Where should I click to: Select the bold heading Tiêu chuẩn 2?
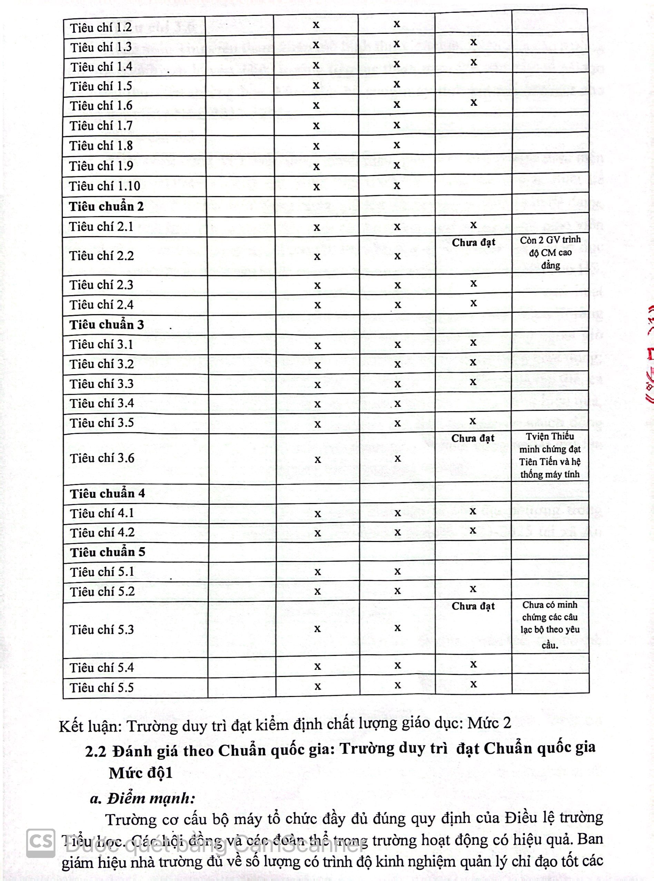(x=106, y=206)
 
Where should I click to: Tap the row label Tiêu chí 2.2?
(x=102, y=256)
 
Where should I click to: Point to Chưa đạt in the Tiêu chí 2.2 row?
(x=474, y=242)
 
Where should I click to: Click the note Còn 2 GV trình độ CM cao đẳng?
(x=550, y=252)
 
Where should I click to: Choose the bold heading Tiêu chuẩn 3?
(x=107, y=325)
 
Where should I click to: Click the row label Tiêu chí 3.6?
(x=102, y=458)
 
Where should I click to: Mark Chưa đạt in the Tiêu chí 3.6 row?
(x=473, y=438)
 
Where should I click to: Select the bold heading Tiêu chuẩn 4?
(x=108, y=494)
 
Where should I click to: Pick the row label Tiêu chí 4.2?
(x=102, y=533)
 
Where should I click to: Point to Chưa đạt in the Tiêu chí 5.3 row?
(x=473, y=606)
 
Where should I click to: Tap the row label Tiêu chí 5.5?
(x=102, y=687)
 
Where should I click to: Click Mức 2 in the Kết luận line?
(x=489, y=723)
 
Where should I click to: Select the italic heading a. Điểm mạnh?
(x=142, y=798)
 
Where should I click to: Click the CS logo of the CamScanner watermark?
(x=41, y=843)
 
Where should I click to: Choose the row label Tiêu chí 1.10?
(x=105, y=186)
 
